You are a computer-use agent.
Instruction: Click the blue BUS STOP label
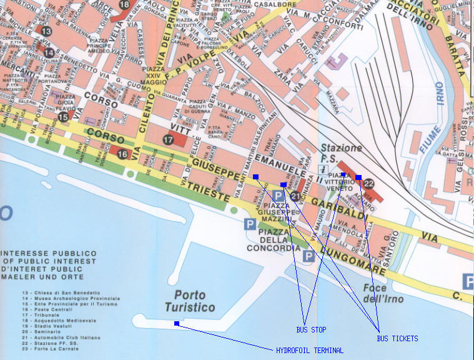[x=311, y=329]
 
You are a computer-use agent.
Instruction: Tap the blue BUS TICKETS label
[x=397, y=338]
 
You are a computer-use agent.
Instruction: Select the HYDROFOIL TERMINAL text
[x=309, y=350]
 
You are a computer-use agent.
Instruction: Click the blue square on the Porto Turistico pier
[x=177, y=323]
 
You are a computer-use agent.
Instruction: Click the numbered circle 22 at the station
[x=368, y=184]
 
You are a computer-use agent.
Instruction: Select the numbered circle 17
[x=167, y=140]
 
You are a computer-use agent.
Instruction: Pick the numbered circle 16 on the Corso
[x=122, y=154]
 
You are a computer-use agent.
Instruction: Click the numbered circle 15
[x=63, y=117]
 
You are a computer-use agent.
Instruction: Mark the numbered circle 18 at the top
[x=124, y=5]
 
